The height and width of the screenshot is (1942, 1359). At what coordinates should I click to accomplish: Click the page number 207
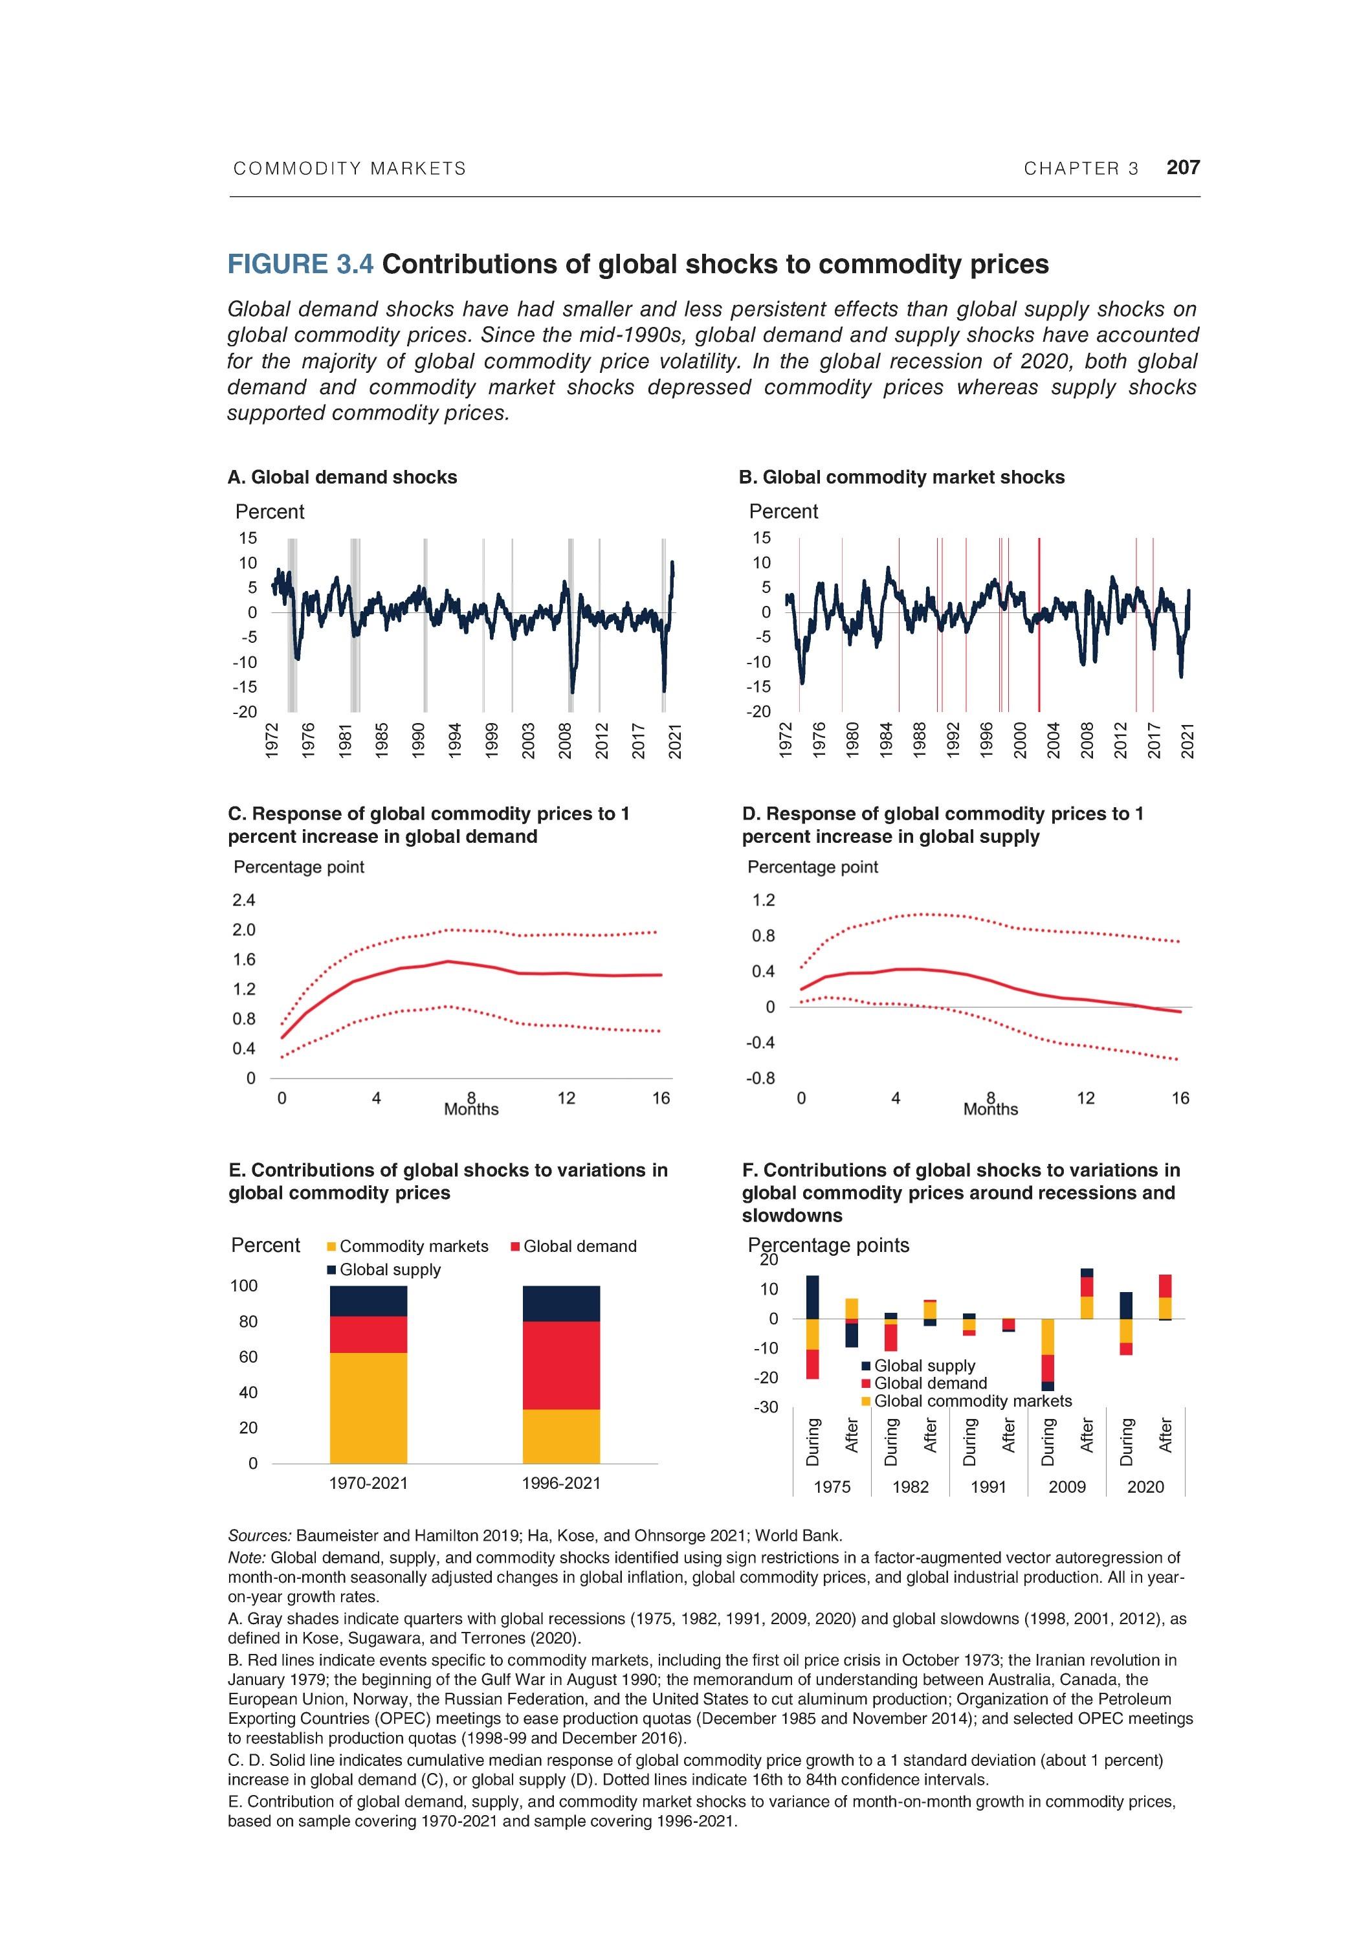tap(1182, 168)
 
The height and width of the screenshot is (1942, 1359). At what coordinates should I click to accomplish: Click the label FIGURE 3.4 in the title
tap(300, 265)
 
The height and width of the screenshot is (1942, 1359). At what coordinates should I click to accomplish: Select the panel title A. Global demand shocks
tap(342, 477)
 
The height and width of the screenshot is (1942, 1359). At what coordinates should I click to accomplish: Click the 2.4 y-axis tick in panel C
tap(245, 900)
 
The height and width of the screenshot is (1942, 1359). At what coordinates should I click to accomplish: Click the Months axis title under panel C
tap(471, 1109)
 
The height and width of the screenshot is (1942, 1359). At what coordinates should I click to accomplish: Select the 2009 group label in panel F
tap(1066, 1487)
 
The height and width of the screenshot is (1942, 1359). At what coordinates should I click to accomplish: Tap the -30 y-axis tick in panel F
tap(766, 1407)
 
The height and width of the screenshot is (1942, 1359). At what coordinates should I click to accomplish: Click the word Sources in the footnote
tap(259, 1535)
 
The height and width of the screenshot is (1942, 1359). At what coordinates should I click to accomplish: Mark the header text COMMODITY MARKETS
tap(349, 169)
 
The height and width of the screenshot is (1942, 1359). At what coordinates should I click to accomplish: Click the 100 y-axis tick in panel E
tap(245, 1286)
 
